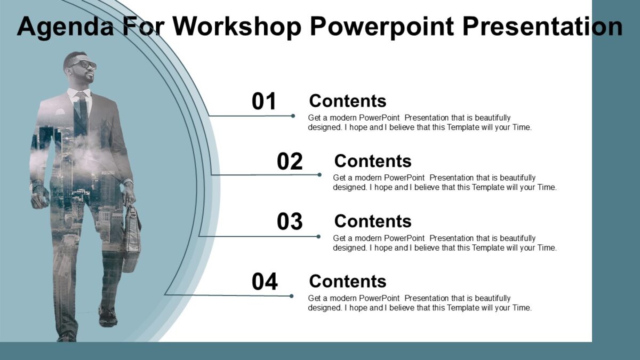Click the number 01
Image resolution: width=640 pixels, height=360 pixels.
pyautogui.click(x=264, y=102)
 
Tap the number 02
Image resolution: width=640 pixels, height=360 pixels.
pyautogui.click(x=290, y=162)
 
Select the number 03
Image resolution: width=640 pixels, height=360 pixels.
pyautogui.click(x=290, y=222)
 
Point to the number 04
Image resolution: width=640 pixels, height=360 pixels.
pyautogui.click(x=265, y=282)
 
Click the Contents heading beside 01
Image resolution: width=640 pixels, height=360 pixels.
pyautogui.click(x=347, y=101)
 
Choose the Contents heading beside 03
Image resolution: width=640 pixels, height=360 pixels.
pyautogui.click(x=372, y=221)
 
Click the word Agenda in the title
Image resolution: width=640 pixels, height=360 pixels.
pyautogui.click(x=65, y=27)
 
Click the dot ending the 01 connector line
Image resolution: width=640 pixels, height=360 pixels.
pyautogui.click(x=293, y=116)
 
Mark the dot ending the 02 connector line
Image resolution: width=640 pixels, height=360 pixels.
pyautogui.click(x=319, y=174)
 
